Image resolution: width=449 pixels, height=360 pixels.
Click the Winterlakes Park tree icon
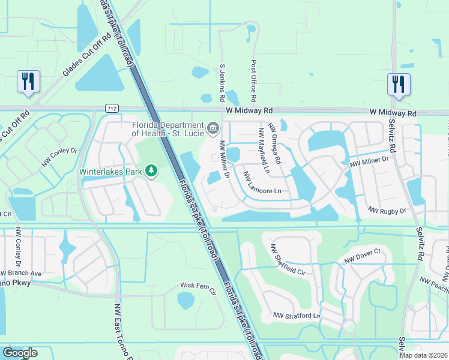point(152,172)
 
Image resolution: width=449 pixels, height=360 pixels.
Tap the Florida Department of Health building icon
point(213,128)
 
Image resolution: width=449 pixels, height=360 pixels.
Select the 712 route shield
point(111,108)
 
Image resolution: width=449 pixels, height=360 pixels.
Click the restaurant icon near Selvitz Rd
point(398,85)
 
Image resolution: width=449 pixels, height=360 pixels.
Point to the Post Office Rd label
point(254,80)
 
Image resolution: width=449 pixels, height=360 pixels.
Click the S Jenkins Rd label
point(222,83)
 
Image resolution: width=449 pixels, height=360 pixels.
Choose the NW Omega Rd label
point(275,143)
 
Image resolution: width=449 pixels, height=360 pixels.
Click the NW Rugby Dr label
point(387,210)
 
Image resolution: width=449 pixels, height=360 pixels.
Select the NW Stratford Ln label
point(297,315)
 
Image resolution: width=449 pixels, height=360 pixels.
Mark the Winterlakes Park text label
point(112,172)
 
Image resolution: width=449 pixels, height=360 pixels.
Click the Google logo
point(19,353)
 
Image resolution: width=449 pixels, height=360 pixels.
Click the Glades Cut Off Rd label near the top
point(87,55)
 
